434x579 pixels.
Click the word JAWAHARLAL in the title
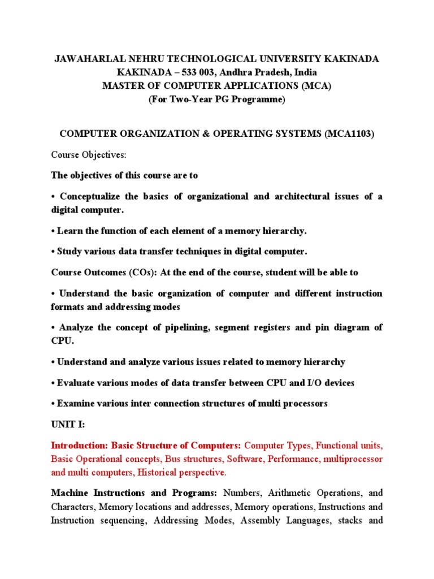click(x=83, y=59)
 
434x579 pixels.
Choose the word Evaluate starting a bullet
click(x=75, y=383)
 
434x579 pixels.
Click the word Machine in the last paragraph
click(x=69, y=492)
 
